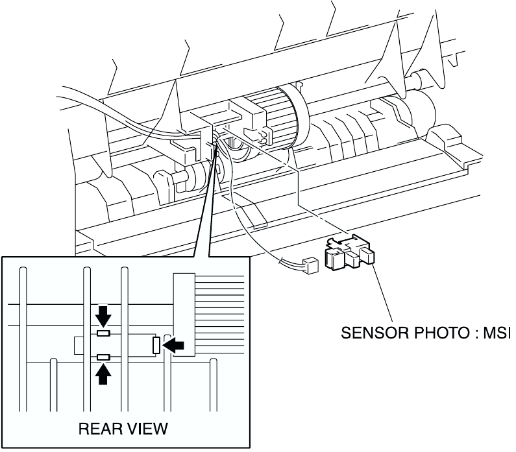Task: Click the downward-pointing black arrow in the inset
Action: pos(103,316)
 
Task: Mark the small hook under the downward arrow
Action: pos(103,333)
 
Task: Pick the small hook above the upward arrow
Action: pos(103,357)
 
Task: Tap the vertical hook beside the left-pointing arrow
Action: pos(156,345)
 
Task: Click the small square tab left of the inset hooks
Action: pos(79,345)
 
